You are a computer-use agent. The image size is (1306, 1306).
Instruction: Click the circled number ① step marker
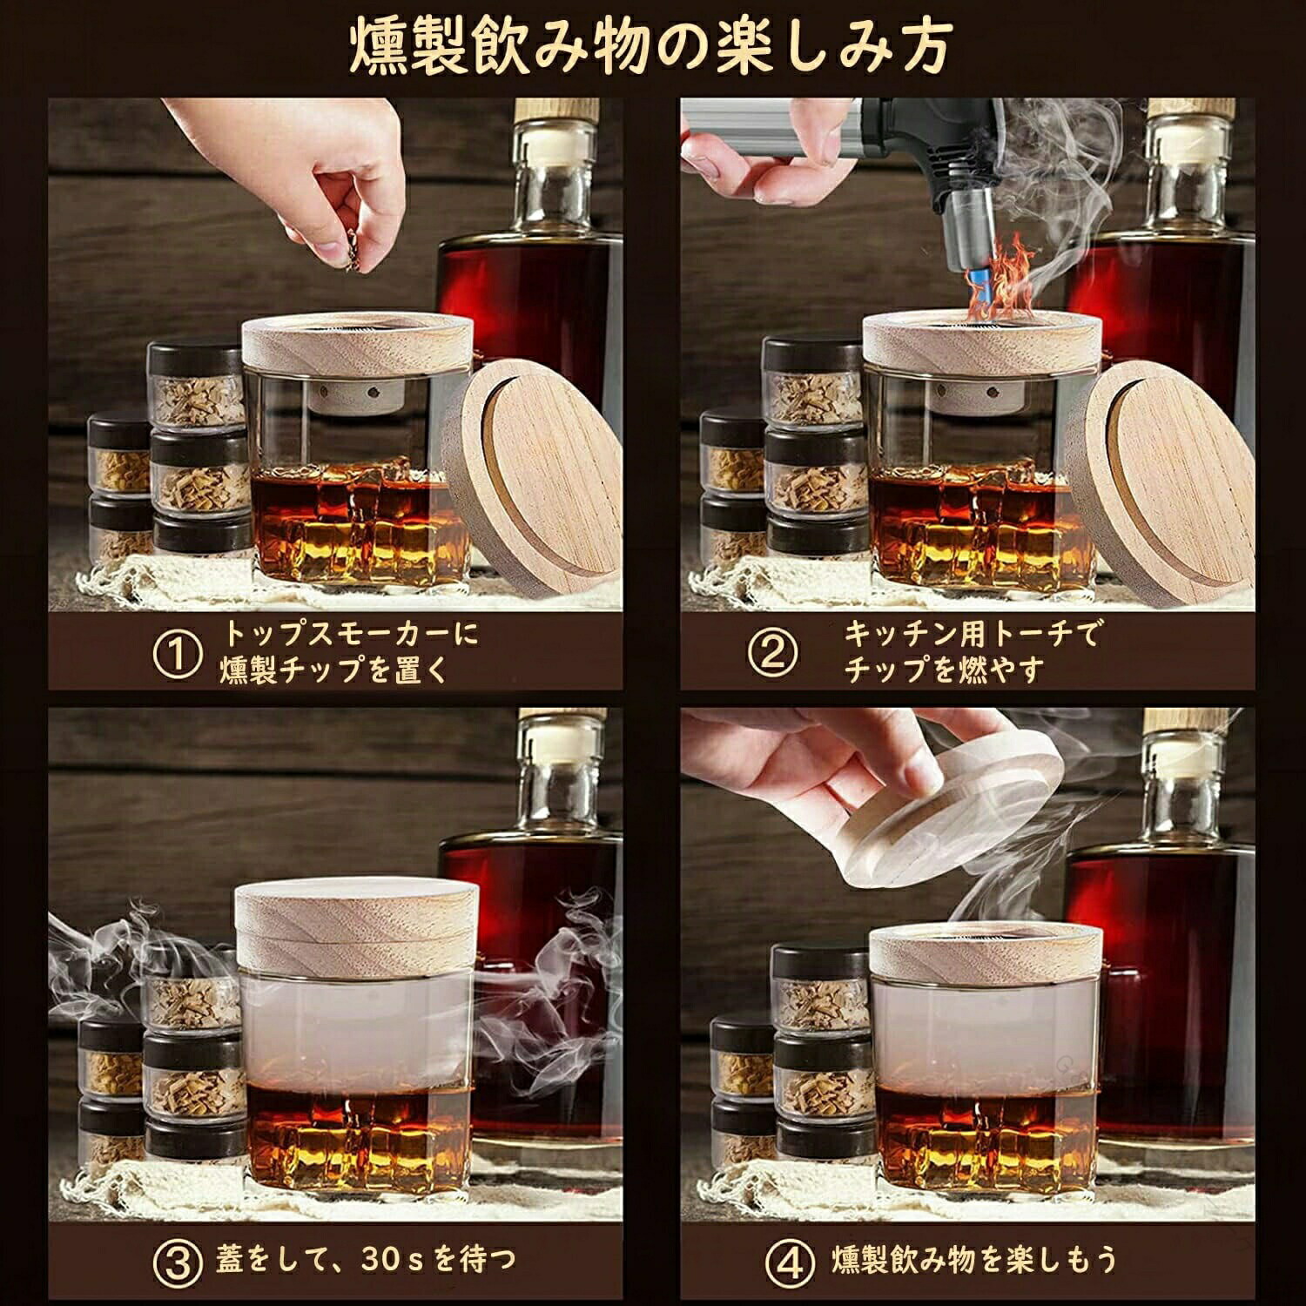pyautogui.click(x=178, y=653)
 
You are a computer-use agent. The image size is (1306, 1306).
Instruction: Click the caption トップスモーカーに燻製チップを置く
pyautogui.click(x=348, y=652)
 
